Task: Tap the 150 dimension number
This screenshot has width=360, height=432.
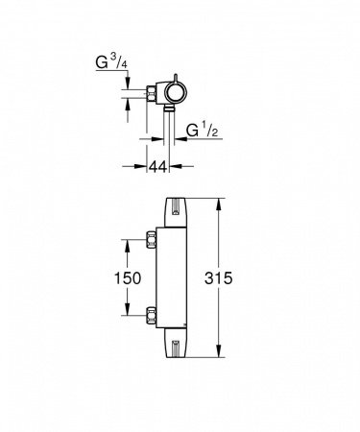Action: [128, 278]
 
